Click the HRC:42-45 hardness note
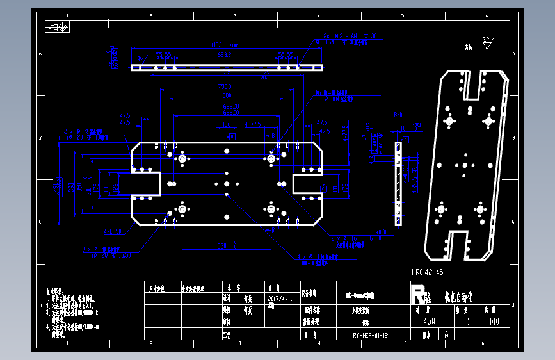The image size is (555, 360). coord(428,272)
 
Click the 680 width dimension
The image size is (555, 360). coord(227,95)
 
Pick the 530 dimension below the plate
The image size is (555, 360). coord(221,245)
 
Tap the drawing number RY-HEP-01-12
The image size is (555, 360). coord(371,335)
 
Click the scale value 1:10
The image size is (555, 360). coord(494,322)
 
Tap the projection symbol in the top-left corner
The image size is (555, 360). coord(57,27)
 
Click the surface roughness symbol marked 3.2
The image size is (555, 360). coord(487,42)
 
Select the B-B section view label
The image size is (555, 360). coord(398,115)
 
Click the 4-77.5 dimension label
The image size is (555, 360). coord(253,124)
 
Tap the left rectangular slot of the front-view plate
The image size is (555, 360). coord(147,183)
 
